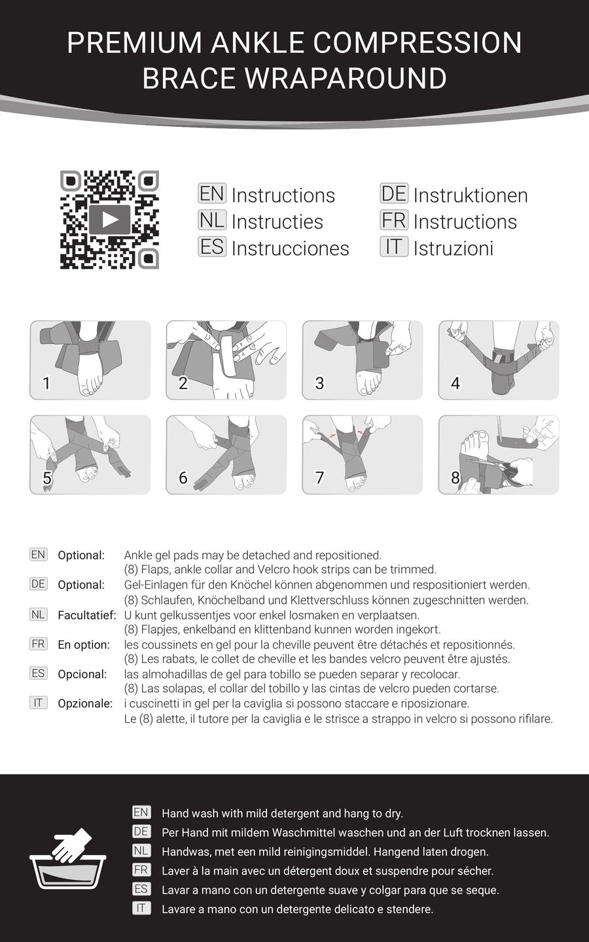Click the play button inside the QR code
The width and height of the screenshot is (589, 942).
tap(110, 219)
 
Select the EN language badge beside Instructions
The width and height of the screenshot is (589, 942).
tap(212, 194)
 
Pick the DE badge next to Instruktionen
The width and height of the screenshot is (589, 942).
tap(394, 194)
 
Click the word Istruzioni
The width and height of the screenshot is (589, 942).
tap(453, 249)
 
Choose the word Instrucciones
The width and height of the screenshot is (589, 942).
tap(290, 249)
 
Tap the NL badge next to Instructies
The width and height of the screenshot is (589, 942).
tap(212, 220)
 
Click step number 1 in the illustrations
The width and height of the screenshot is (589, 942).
tap(46, 383)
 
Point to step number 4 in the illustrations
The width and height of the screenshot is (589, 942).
tap(455, 383)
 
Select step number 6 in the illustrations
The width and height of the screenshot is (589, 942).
tap(183, 478)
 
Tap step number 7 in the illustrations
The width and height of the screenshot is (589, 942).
tap(319, 478)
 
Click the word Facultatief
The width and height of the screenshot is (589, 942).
tap(86, 615)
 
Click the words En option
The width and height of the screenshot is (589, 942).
tap(84, 645)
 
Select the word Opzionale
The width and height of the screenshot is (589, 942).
tap(85, 704)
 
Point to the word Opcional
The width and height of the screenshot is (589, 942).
tap(82, 674)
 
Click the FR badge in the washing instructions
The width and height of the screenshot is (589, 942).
tap(141, 870)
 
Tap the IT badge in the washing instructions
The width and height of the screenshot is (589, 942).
tap(141, 908)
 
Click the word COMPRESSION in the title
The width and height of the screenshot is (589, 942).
tap(418, 43)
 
